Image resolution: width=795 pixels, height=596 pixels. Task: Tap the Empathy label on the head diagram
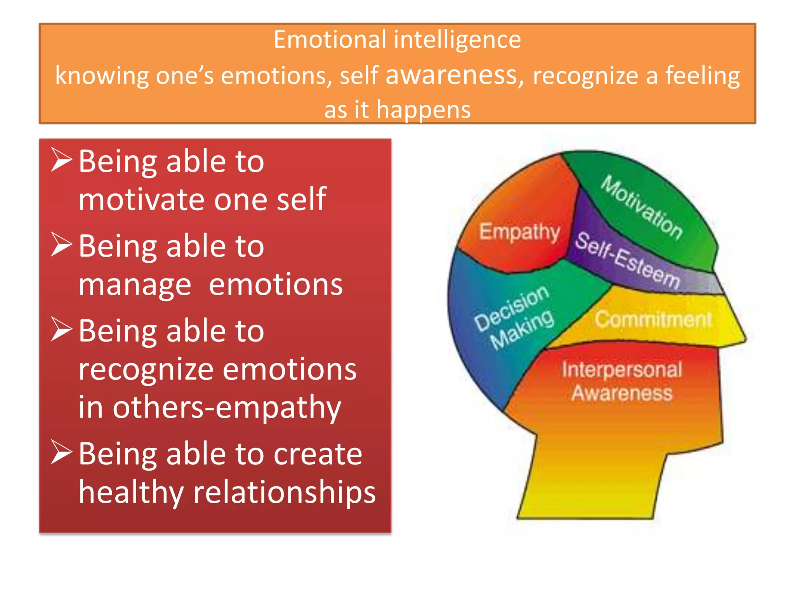(519, 232)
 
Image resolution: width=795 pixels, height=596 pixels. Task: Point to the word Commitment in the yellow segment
(653, 319)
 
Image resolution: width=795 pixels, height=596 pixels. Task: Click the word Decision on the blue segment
(512, 308)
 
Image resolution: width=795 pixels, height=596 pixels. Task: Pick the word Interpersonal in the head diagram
(622, 369)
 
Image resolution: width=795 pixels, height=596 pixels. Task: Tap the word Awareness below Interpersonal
(622, 393)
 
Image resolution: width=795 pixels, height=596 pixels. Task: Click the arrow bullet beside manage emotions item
(62, 245)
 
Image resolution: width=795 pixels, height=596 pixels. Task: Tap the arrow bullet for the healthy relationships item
(62, 452)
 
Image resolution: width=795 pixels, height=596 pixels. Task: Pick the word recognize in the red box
(146, 370)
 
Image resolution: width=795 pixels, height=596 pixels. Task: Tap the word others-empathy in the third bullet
(227, 407)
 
